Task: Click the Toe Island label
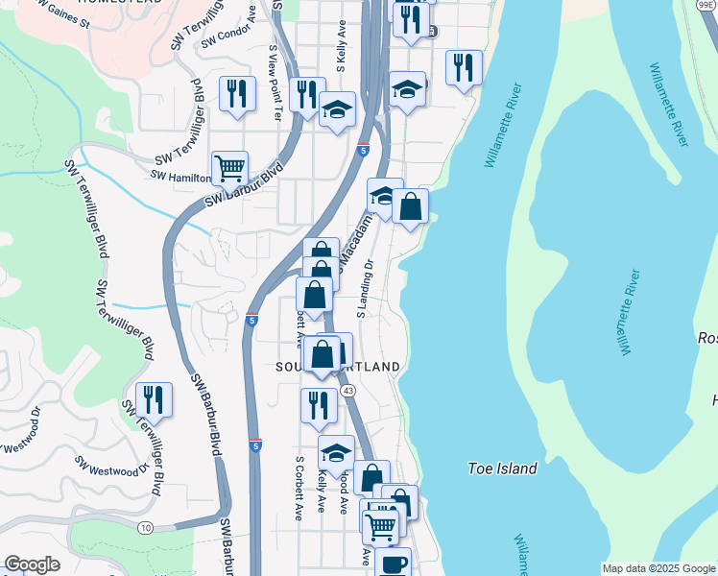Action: [502, 468]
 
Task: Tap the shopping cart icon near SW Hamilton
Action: [229, 168]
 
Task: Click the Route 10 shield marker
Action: [145, 528]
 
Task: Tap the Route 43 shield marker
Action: [348, 390]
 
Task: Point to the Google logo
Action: [32, 564]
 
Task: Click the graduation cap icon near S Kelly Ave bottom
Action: [336, 452]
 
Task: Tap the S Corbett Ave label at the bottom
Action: [299, 488]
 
